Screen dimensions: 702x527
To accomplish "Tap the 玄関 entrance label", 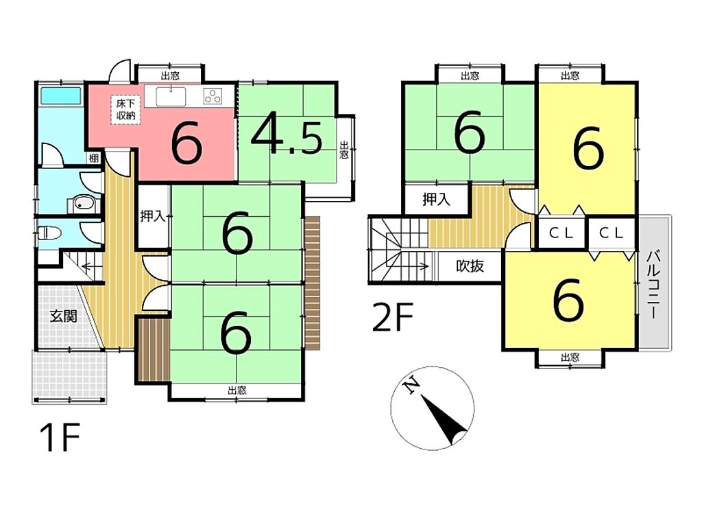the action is pyautogui.click(x=63, y=316).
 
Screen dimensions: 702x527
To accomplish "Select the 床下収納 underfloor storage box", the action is pyautogui.click(x=125, y=110).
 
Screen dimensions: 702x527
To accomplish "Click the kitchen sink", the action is pyautogui.click(x=171, y=96).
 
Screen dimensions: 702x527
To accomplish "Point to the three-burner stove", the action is pyautogui.click(x=213, y=95).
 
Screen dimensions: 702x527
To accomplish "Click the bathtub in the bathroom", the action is pyautogui.click(x=61, y=95).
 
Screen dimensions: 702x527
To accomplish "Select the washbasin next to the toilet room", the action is pyautogui.click(x=83, y=204).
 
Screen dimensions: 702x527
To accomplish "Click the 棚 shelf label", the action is pyautogui.click(x=93, y=158).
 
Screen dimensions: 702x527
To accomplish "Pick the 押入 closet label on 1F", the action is pyautogui.click(x=153, y=217).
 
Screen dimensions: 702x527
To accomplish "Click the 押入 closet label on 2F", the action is pyautogui.click(x=437, y=199).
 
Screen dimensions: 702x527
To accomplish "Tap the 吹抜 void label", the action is pyautogui.click(x=470, y=266).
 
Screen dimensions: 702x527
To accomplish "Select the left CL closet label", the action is pyautogui.click(x=561, y=233).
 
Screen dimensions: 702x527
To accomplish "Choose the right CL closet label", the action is pyautogui.click(x=612, y=233).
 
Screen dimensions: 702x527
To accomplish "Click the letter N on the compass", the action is pyautogui.click(x=411, y=386).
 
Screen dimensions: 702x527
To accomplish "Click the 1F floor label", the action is pyautogui.click(x=60, y=437).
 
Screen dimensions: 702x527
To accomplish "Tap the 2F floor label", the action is pyautogui.click(x=393, y=317).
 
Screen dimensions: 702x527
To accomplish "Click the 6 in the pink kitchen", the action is pyautogui.click(x=186, y=144).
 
